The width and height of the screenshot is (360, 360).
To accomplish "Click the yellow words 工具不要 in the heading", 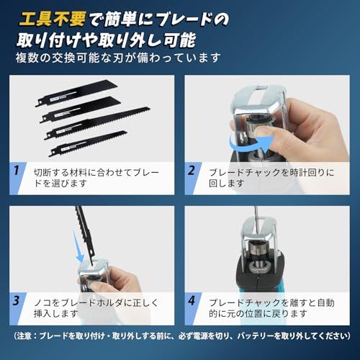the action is pos(53,19).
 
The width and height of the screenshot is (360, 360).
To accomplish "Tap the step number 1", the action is pos(16,171).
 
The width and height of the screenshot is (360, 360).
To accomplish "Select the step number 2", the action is pos(192,171).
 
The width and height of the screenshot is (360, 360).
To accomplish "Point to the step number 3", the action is pos(16,301).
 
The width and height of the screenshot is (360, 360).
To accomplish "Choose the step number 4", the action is pos(192,301).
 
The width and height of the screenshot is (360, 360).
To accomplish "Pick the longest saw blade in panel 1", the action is pos(97,123).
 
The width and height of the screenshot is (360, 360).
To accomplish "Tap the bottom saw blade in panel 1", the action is pos(88,143).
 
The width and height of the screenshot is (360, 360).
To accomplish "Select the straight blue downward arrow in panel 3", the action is pos(78,247).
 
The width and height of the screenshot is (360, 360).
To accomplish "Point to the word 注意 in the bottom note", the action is pos(24,336).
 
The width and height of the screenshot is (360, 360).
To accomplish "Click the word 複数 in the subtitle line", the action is pos(27,58).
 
